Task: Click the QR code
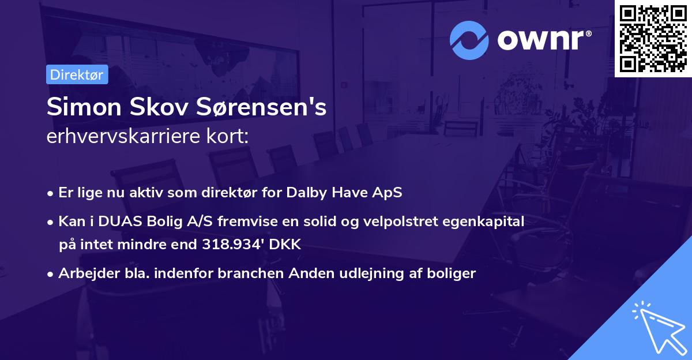point(653,39)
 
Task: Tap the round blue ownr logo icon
point(469,40)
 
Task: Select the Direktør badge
point(77,74)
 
